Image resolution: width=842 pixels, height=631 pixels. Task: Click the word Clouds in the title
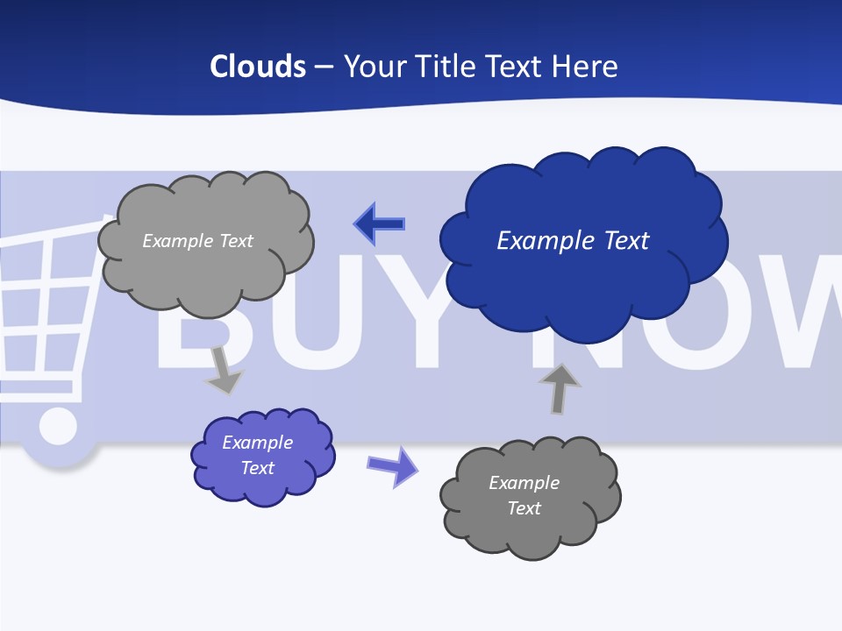pyautogui.click(x=258, y=67)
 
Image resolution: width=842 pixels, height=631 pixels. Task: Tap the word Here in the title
pyautogui.click(x=584, y=67)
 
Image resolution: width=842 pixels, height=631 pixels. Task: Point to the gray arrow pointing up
pyautogui.click(x=560, y=388)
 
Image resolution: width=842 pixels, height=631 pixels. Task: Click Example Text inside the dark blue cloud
pyautogui.click(x=573, y=240)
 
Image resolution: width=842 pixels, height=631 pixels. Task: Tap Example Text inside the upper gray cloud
pyautogui.click(x=197, y=240)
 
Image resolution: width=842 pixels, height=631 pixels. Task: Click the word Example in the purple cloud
pyautogui.click(x=257, y=443)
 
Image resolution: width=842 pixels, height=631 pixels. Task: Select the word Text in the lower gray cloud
pyautogui.click(x=524, y=508)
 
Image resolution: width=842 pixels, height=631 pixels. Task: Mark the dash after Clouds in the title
pyautogui.click(x=323, y=67)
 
